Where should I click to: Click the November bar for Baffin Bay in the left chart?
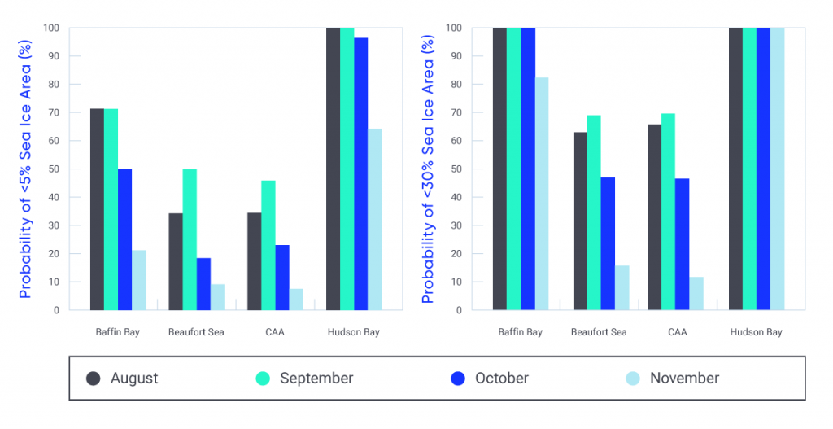click(138, 280)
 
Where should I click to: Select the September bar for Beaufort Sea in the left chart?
click(190, 239)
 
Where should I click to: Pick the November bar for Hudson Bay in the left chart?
click(374, 220)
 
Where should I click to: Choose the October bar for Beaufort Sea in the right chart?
click(608, 243)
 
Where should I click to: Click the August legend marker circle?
click(94, 379)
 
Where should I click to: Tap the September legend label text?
click(316, 379)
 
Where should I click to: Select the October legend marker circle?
click(458, 379)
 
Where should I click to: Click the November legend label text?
click(684, 379)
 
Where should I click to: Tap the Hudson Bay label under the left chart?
click(353, 332)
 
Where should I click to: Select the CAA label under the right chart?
click(677, 332)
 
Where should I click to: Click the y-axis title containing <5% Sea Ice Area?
click(25, 169)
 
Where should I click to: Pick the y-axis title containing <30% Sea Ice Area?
click(428, 169)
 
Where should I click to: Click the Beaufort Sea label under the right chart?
click(599, 332)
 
